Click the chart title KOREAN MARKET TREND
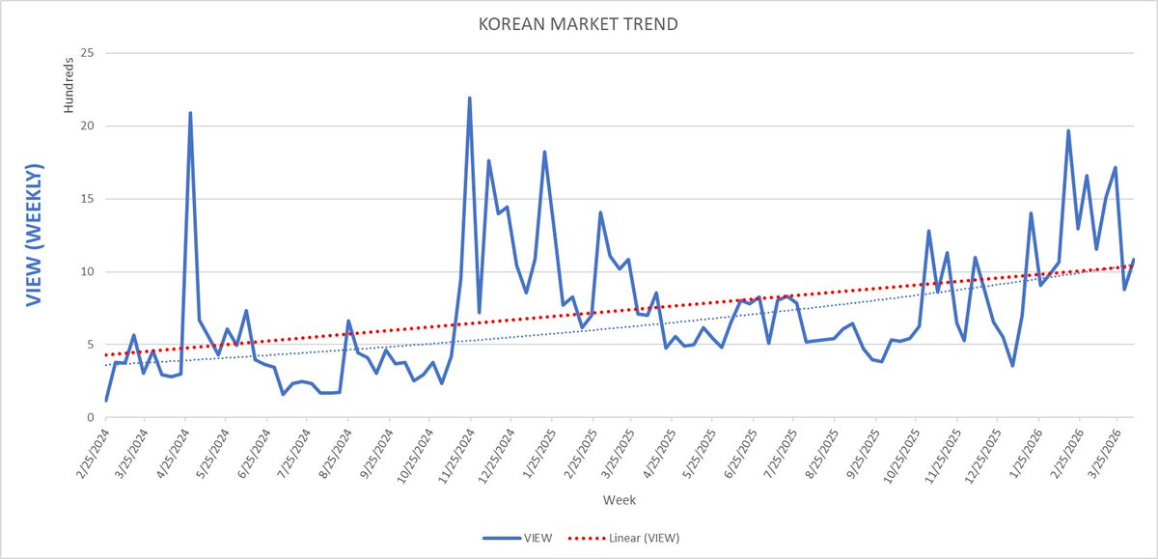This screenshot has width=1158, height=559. [578, 22]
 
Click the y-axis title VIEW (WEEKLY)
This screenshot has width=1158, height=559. [34, 236]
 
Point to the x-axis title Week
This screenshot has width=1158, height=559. [618, 499]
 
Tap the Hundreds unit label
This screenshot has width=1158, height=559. [69, 85]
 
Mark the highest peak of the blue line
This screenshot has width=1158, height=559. [469, 98]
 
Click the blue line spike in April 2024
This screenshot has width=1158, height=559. [190, 113]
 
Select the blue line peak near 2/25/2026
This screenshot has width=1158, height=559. [1068, 130]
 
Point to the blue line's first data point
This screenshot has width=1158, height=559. [106, 400]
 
